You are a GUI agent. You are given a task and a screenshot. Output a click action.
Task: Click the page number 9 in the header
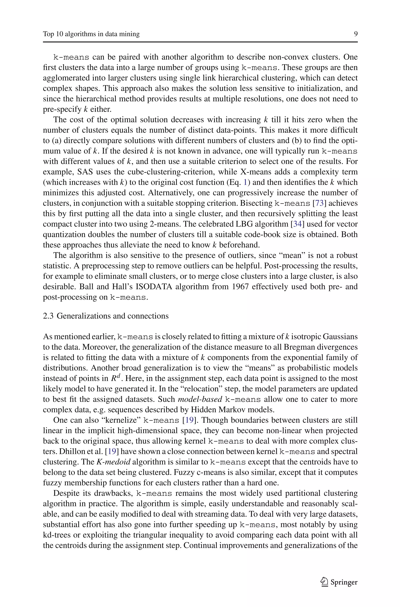click(x=356, y=34)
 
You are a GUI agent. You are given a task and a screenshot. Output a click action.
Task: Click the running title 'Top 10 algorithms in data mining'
click(x=91, y=34)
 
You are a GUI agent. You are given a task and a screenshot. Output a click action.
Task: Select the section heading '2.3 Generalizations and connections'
click(x=106, y=316)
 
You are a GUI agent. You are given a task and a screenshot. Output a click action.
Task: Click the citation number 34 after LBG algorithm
click(x=297, y=224)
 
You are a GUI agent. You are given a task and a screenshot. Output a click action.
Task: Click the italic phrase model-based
click(x=200, y=399)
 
